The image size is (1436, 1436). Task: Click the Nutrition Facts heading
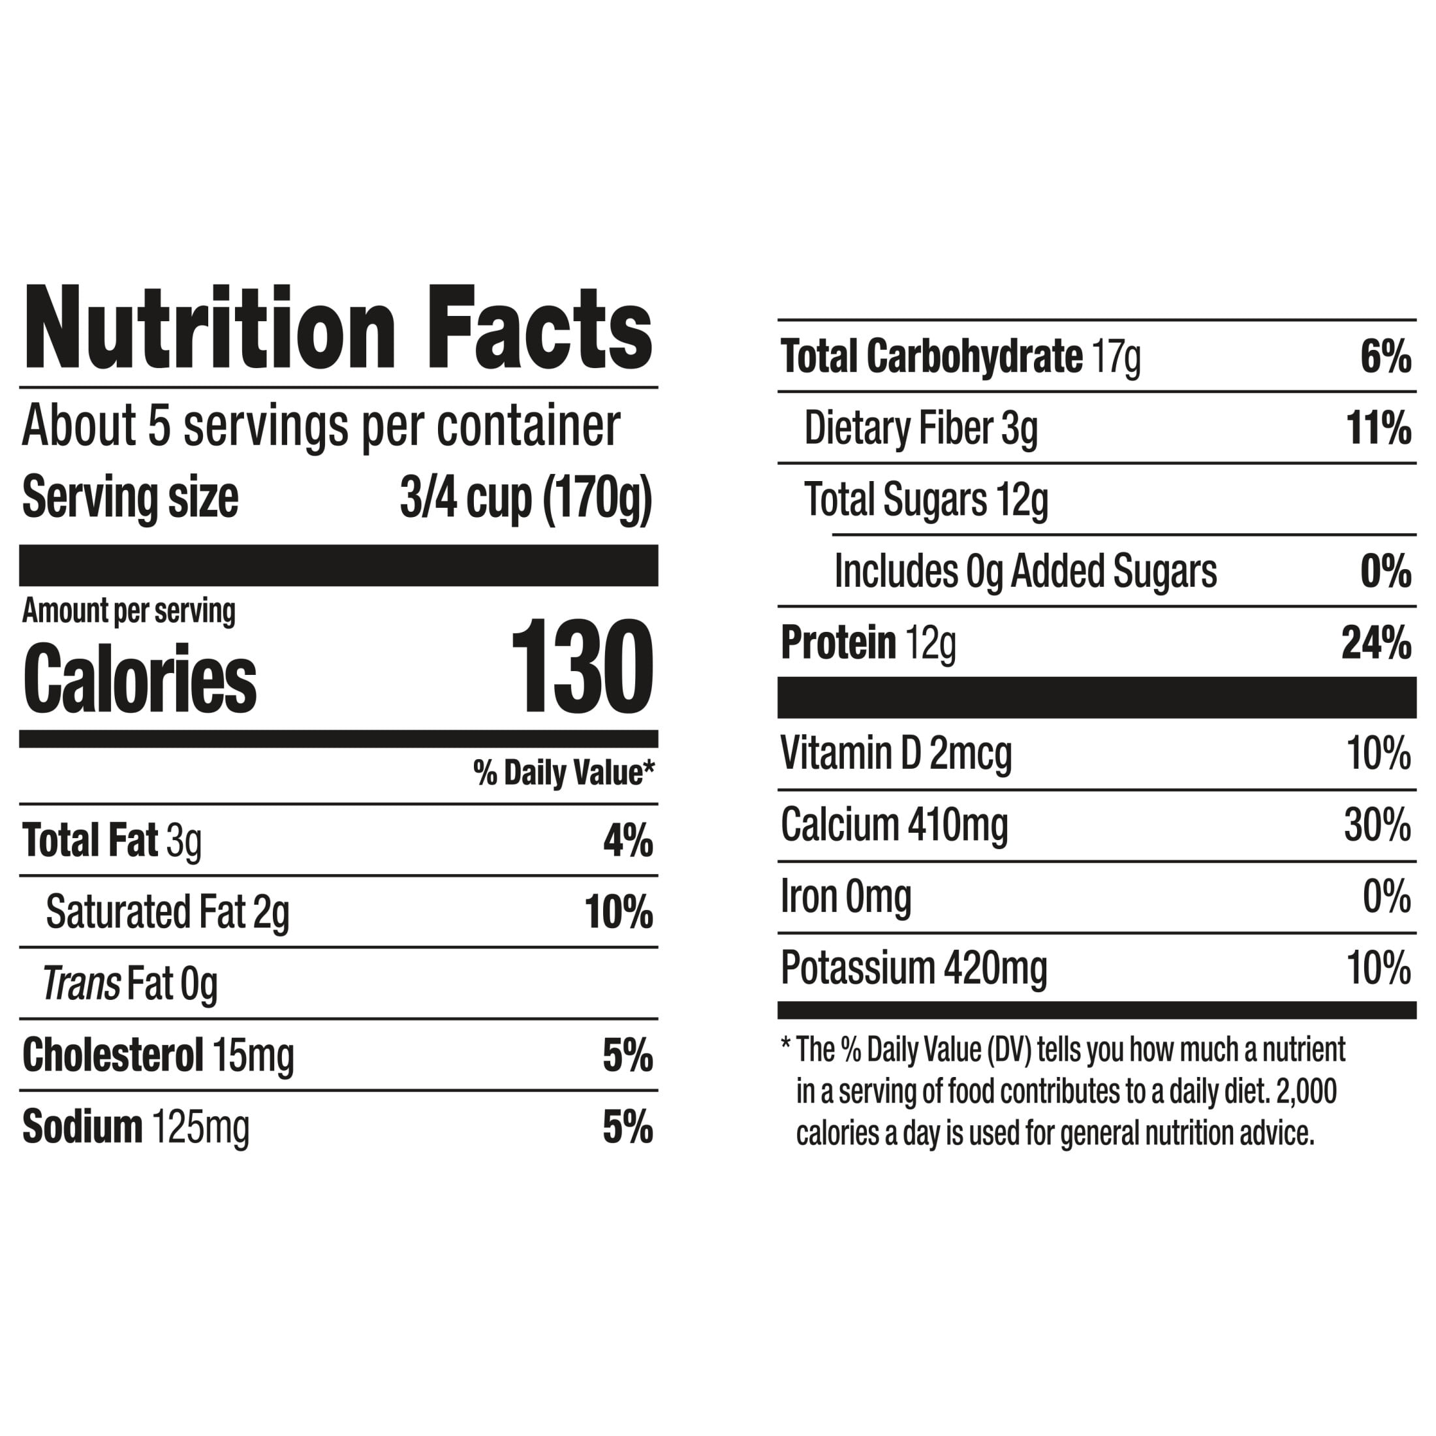[x=338, y=328]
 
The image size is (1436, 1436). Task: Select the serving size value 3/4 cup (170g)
[x=526, y=498]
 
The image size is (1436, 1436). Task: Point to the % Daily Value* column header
[x=564, y=773]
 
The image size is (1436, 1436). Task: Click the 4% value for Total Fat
[x=628, y=841]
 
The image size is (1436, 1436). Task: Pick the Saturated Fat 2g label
[x=167, y=912]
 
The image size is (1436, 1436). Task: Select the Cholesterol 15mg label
[x=159, y=1055]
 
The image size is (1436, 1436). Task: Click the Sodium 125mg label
[x=136, y=1127]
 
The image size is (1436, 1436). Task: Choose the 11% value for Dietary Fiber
[x=1379, y=428]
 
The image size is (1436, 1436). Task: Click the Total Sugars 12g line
[x=926, y=499]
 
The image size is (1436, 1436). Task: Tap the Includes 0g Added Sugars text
[x=1025, y=571]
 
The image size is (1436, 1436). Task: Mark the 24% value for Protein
[x=1377, y=643]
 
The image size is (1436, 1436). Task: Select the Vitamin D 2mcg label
[x=896, y=753]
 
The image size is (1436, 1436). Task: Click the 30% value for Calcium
[x=1378, y=825]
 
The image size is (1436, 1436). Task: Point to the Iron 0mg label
[x=846, y=896]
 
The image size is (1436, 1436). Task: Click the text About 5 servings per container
[x=321, y=426]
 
